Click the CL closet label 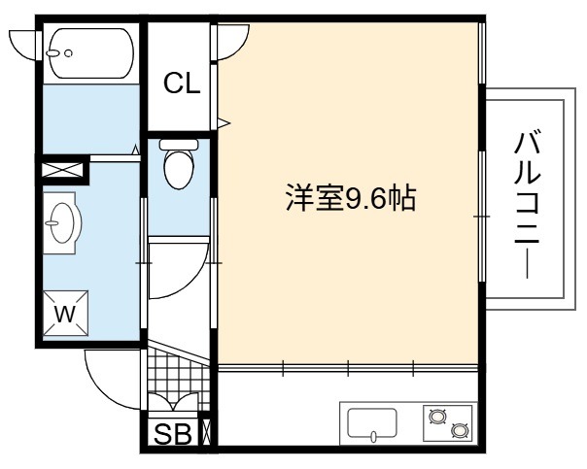click(182, 83)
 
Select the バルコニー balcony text click(527, 204)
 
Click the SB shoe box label click(173, 434)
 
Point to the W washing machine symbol click(65, 313)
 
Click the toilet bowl click(179, 169)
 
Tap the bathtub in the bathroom click(91, 53)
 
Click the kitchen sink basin click(372, 423)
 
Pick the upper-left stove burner click(437, 416)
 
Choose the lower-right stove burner click(459, 430)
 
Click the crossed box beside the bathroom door click(62, 170)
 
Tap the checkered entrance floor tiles click(178, 378)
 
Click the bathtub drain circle click(68, 53)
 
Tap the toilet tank click(179, 145)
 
